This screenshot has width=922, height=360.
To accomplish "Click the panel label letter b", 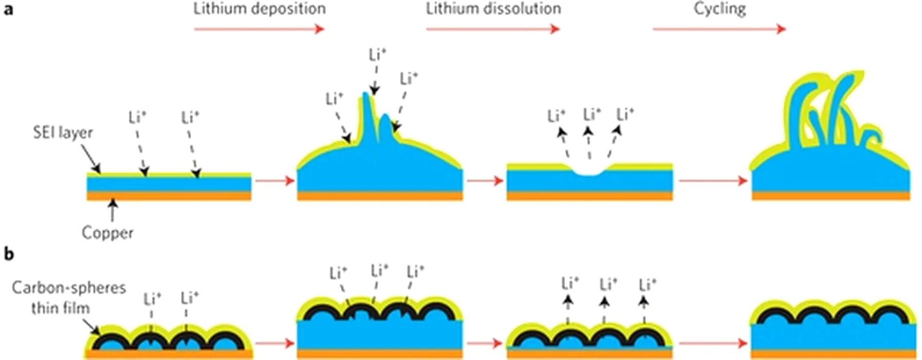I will click(x=9, y=254).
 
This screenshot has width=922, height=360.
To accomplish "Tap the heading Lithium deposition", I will click(x=259, y=9).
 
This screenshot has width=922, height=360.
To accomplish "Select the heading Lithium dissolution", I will click(x=493, y=9).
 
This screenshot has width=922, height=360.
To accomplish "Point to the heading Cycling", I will click(x=719, y=9).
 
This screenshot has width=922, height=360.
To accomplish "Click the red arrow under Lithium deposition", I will click(x=259, y=29).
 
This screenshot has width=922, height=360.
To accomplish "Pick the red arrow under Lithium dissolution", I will click(x=493, y=29).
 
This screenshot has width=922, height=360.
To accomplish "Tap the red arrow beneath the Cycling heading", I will click(x=719, y=29).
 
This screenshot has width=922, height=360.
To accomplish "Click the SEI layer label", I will click(x=63, y=133).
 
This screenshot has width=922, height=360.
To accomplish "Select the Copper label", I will click(x=108, y=232).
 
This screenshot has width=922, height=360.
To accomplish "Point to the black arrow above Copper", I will click(x=112, y=211).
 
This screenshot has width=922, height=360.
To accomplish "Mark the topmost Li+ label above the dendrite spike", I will click(x=378, y=55).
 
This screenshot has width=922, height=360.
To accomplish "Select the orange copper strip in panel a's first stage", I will click(x=169, y=196).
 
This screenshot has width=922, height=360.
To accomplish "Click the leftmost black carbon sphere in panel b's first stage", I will click(x=113, y=339).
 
